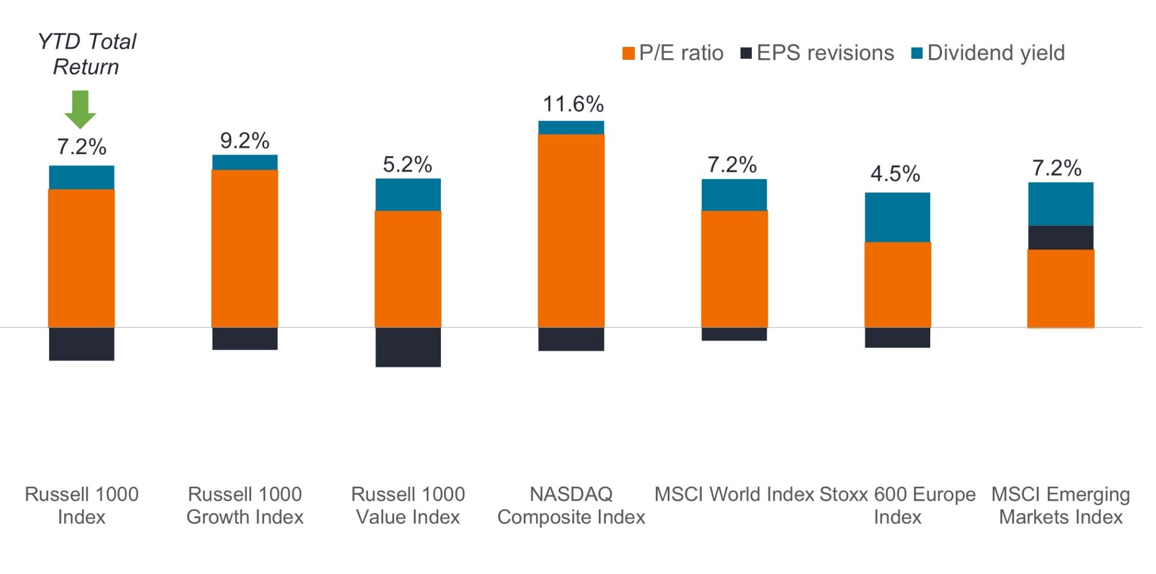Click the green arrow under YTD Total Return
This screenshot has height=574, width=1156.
point(80,109)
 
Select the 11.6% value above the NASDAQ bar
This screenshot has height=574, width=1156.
point(573,104)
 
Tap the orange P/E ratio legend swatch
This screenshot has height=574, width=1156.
point(628,53)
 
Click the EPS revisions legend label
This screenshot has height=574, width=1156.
point(825,53)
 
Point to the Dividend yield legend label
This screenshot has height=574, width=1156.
point(996,53)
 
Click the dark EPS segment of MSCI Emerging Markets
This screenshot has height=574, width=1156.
point(1061,238)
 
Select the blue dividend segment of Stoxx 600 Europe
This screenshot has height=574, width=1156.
point(897,217)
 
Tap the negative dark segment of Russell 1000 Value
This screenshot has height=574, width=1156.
point(408,347)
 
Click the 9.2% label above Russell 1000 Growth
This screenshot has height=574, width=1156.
point(244,141)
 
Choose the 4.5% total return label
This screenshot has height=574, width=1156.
point(895,174)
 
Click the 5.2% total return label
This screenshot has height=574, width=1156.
point(408,165)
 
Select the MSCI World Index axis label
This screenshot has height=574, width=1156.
point(734,494)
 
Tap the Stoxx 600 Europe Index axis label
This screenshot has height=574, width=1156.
point(897,506)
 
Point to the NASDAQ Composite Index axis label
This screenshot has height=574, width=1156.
point(571,506)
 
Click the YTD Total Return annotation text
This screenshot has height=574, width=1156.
point(86,54)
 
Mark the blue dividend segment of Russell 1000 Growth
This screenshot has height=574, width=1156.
point(245,163)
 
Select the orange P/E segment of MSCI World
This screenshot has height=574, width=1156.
point(734,269)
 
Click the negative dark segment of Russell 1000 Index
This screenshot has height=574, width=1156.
point(82,344)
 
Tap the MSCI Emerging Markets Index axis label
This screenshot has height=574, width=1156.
point(1061,506)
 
